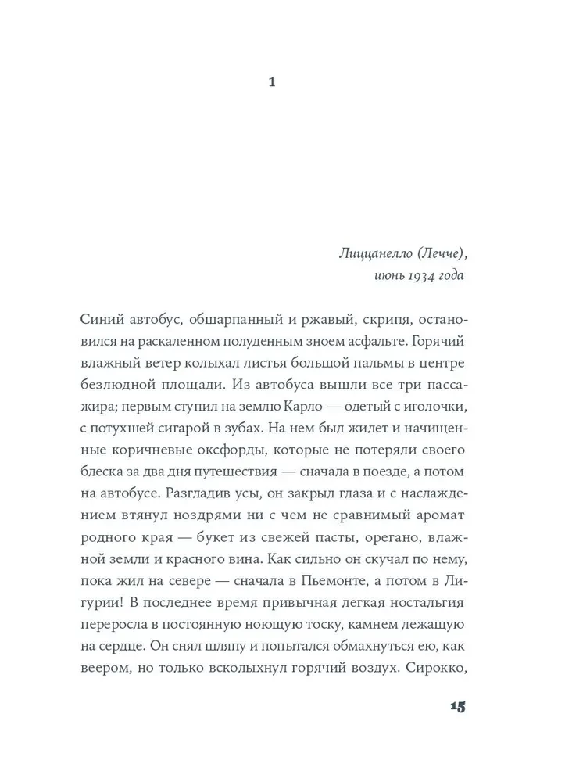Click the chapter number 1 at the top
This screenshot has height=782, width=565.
tap(271, 82)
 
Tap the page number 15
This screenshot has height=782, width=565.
tap(458, 706)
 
